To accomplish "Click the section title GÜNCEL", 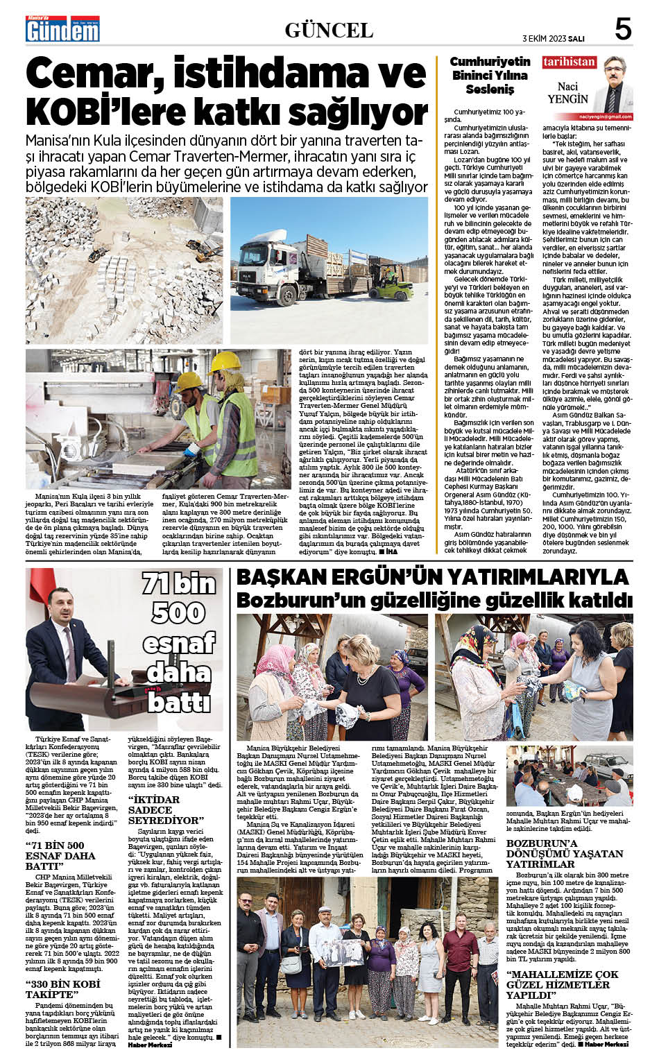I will pos(329,31).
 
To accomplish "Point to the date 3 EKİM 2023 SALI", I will pos(554,37).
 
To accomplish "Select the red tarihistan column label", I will pos(569,62).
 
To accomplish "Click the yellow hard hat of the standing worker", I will pos(225,361).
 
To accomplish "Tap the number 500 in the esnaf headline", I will pos(179,612).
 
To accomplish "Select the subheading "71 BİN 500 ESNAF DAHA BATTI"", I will pos(61,855).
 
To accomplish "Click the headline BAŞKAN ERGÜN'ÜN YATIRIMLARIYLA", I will pos(433,577).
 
